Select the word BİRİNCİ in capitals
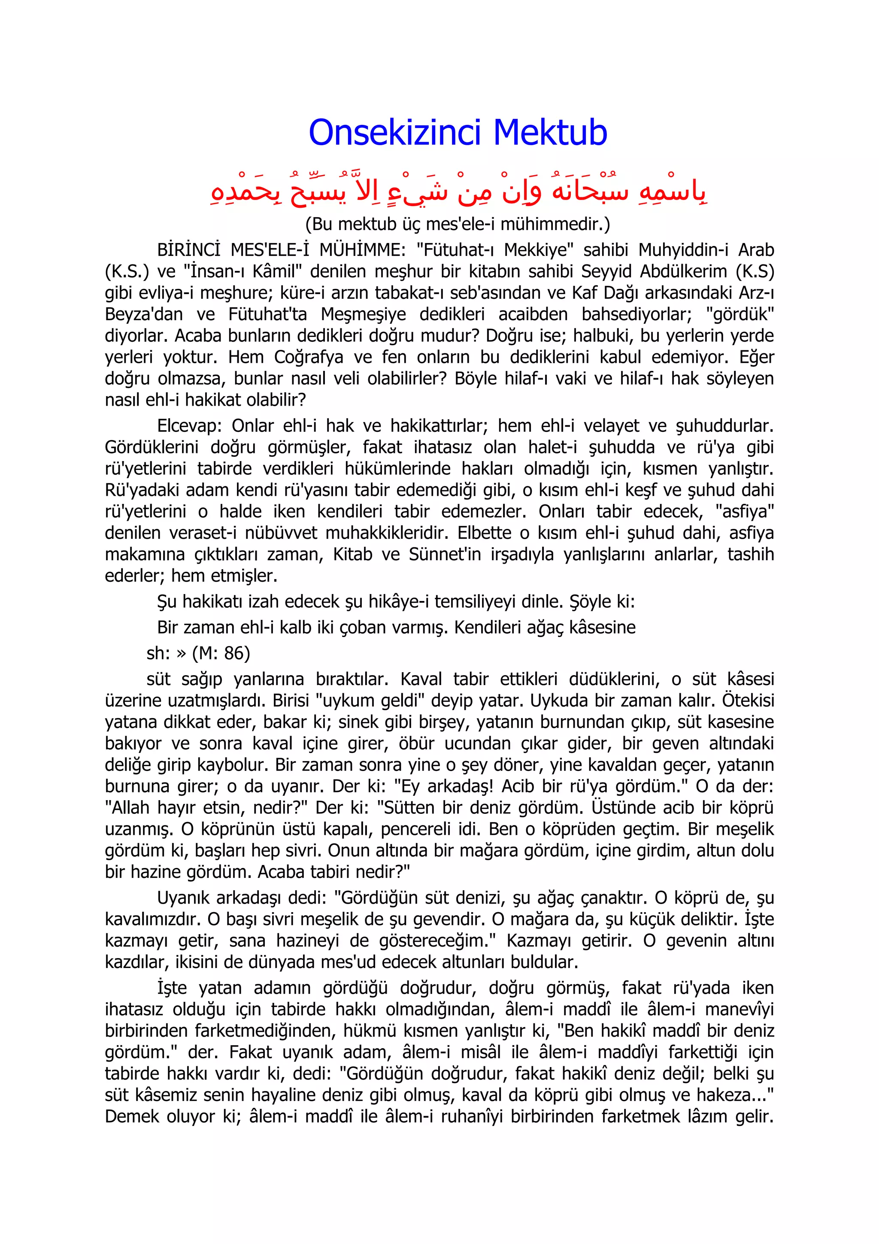point(188,250)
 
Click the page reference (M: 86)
point(221,653)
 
